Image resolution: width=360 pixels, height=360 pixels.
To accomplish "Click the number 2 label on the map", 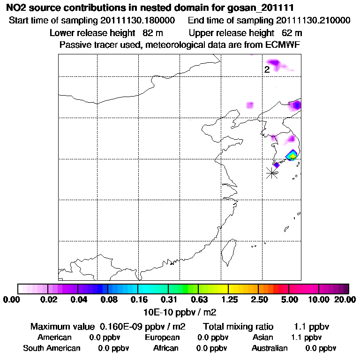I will [267, 70].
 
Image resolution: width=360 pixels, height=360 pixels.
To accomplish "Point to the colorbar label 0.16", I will [138, 299].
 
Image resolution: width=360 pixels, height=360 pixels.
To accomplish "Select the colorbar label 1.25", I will [228, 299].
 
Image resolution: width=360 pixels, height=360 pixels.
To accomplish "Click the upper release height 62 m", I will [292, 33].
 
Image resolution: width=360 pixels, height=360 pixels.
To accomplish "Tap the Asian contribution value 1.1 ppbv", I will [306, 337].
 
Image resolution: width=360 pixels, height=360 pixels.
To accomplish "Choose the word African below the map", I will [166, 348].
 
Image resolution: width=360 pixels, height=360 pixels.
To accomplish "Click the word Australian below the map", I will [270, 348].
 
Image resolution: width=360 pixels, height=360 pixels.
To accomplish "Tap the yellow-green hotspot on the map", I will [292, 155].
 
